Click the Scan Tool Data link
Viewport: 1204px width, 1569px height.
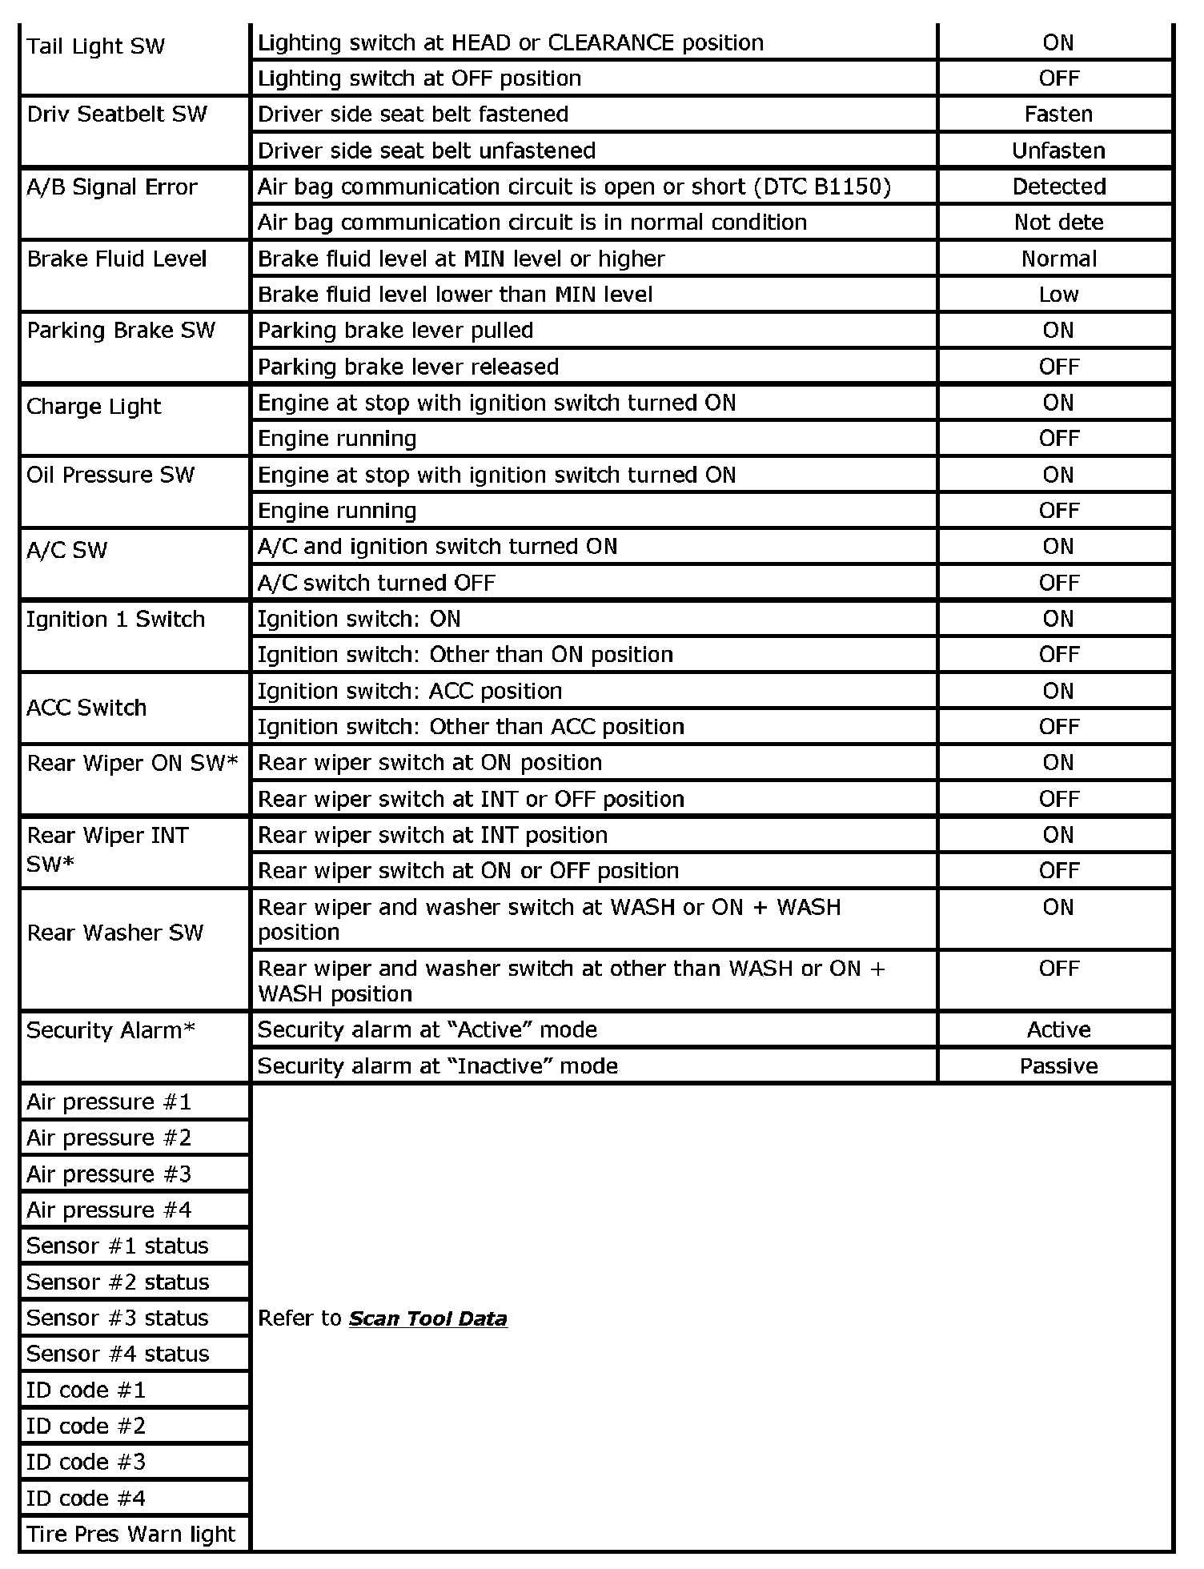tap(427, 1318)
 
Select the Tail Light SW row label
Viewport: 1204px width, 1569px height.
tap(95, 46)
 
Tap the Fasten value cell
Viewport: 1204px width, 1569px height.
tap(1058, 114)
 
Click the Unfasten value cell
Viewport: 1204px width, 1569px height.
tap(1058, 150)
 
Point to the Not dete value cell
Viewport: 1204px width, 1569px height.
tap(1058, 223)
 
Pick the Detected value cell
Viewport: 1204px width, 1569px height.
tap(1058, 187)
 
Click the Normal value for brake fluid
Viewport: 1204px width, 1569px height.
tap(1058, 259)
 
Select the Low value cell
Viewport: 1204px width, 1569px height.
tap(1058, 295)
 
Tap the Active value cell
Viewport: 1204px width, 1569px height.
tap(1058, 1029)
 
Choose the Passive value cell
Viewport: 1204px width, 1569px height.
tap(1058, 1066)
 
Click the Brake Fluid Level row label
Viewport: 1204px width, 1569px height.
tap(117, 259)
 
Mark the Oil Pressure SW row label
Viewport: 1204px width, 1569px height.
tap(110, 476)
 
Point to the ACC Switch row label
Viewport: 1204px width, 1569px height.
tap(86, 708)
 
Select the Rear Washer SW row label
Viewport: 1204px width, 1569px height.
tap(115, 933)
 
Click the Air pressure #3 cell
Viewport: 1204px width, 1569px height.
tap(109, 1174)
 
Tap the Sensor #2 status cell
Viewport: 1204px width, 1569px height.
tap(118, 1282)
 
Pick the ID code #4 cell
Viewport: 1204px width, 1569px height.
tap(86, 1499)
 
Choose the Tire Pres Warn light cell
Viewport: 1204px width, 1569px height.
tap(131, 1535)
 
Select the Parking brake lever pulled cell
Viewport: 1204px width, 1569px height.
tap(395, 331)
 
